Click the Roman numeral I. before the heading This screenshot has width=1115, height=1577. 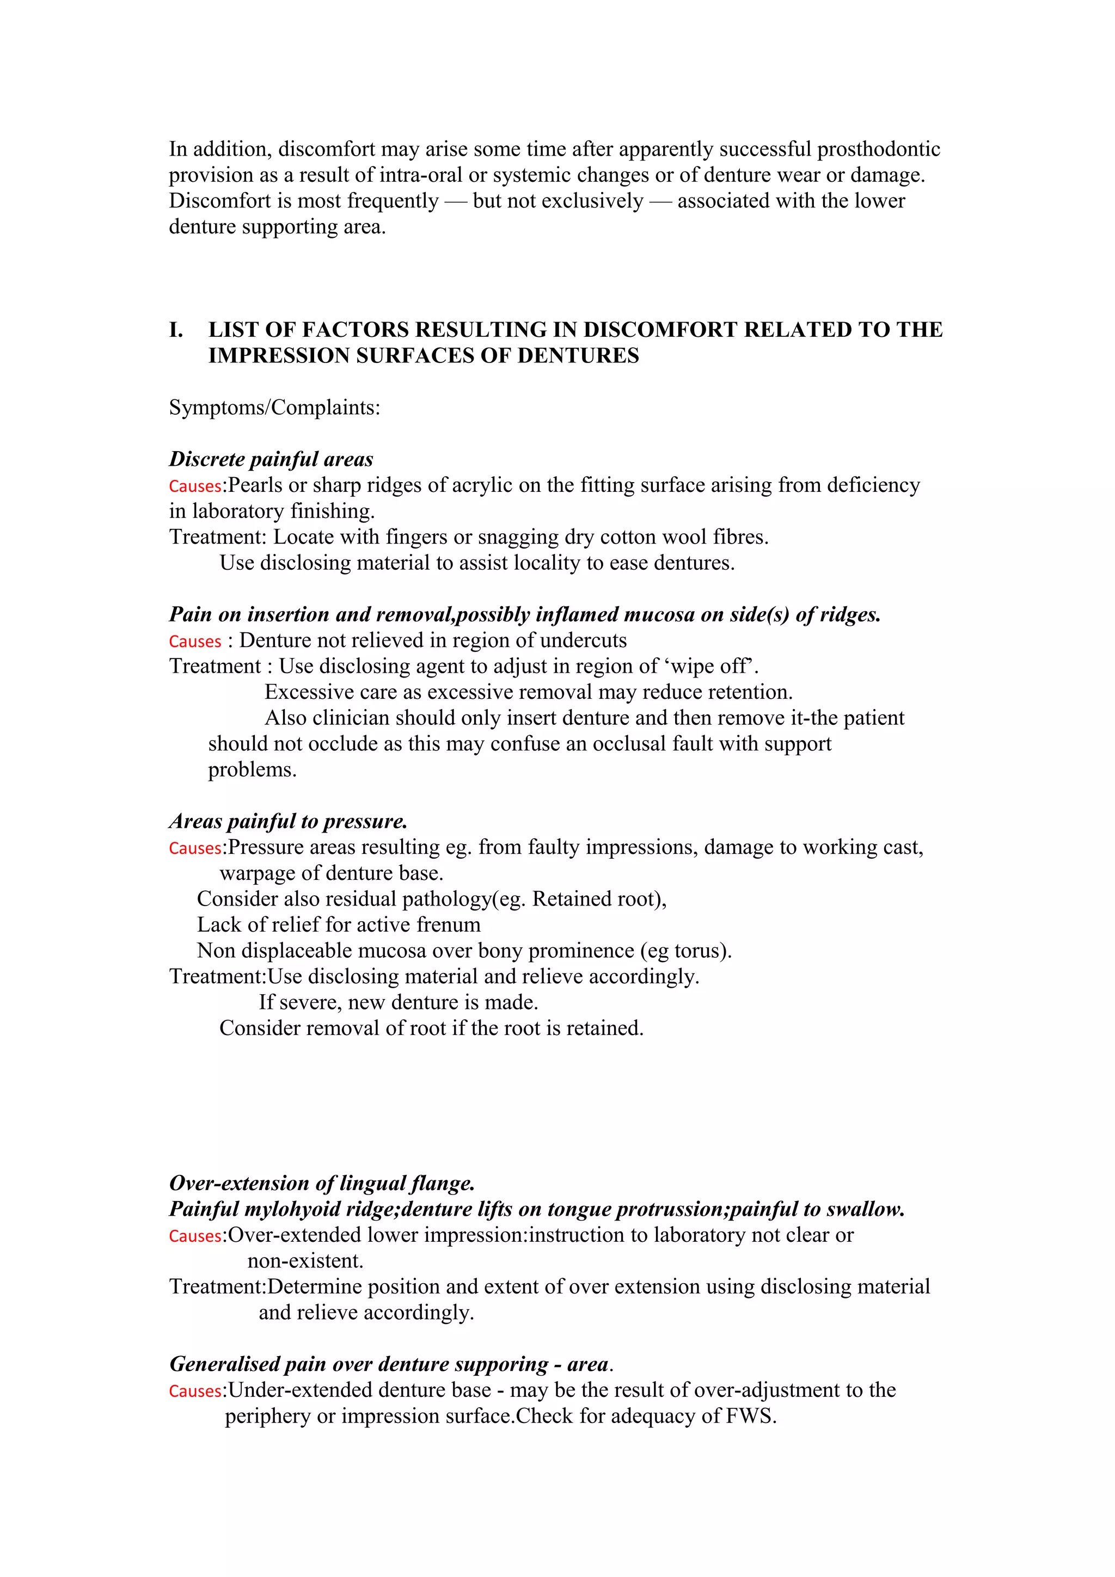(x=176, y=330)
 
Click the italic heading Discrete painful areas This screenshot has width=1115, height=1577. (x=271, y=459)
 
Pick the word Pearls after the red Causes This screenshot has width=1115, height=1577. (x=255, y=485)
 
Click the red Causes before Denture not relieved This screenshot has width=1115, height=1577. (x=194, y=641)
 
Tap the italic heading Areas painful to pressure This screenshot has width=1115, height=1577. (x=288, y=822)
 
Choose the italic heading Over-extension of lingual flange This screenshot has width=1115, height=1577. (x=322, y=1184)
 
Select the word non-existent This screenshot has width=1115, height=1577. (x=304, y=1261)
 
